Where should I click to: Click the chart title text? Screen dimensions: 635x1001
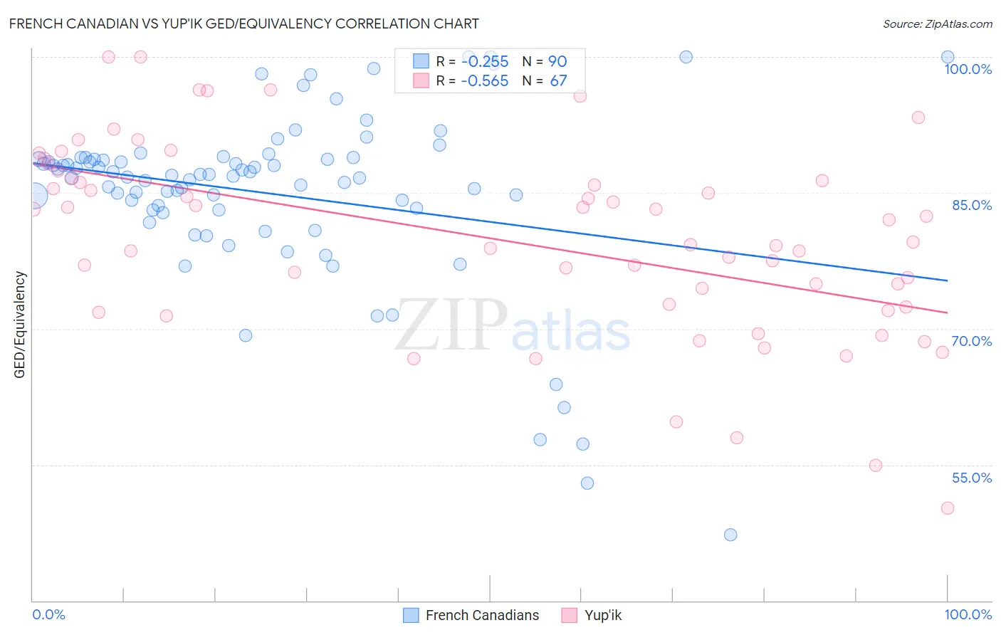pyautogui.click(x=243, y=23)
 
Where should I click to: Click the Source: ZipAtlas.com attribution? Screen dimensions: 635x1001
pyautogui.click(x=937, y=23)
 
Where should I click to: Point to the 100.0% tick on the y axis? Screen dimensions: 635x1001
pyautogui.click(x=968, y=69)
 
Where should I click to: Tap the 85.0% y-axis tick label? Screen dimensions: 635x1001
pyautogui.click(x=972, y=205)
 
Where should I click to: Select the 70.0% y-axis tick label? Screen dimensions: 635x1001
pyautogui.click(x=972, y=341)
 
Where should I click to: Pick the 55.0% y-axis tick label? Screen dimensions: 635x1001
pyautogui.click(x=972, y=478)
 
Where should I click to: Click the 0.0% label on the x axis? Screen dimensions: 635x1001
pyautogui.click(x=48, y=614)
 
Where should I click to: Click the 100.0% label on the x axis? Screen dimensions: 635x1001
pyautogui.click(x=968, y=614)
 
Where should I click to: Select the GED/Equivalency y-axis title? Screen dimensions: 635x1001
pyautogui.click(x=20, y=325)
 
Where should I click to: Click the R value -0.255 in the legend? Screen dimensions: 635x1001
pyautogui.click(x=485, y=61)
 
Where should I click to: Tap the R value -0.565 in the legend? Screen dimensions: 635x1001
pyautogui.click(x=485, y=80)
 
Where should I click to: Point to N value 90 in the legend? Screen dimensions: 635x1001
pyautogui.click(x=557, y=61)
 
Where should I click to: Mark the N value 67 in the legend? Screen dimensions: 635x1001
pyautogui.click(x=558, y=80)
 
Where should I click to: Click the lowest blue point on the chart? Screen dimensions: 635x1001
pyautogui.click(x=730, y=535)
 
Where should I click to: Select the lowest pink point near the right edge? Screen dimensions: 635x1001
pyautogui.click(x=948, y=508)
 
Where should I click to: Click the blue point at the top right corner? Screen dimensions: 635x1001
pyautogui.click(x=948, y=57)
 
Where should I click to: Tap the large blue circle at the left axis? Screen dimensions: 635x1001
pyautogui.click(x=33, y=195)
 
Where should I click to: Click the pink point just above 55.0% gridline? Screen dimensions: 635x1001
pyautogui.click(x=876, y=466)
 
